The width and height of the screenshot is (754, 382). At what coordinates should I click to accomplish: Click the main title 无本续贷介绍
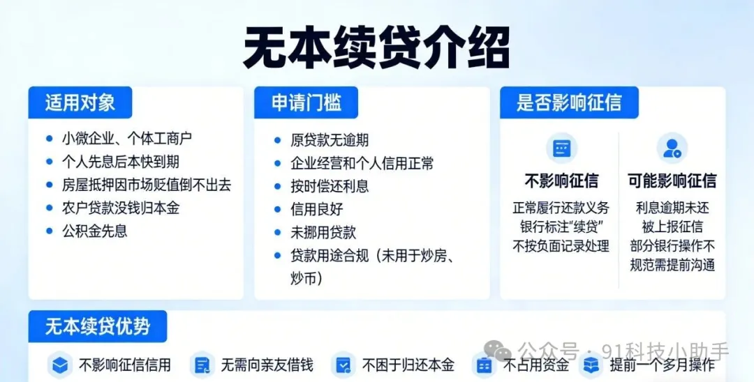(x=376, y=48)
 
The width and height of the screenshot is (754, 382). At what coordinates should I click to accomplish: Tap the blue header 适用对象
(x=80, y=102)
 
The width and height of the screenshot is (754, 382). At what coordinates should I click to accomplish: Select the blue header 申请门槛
(x=306, y=102)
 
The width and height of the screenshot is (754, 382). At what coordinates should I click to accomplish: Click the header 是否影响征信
(x=570, y=102)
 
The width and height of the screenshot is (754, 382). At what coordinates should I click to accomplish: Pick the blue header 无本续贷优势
(x=98, y=326)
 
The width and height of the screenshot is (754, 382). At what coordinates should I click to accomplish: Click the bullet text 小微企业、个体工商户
(x=127, y=139)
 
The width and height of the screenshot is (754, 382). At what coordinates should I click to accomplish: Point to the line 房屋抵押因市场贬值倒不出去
(x=147, y=185)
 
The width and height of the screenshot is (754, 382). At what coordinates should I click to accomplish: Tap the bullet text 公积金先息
(x=95, y=231)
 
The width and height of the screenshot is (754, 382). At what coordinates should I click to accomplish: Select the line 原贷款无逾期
(x=330, y=140)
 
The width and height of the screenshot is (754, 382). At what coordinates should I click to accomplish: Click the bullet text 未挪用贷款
(x=323, y=232)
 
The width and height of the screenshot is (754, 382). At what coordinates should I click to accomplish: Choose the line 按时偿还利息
(x=330, y=186)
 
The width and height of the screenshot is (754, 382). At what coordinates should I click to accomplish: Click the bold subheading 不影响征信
(x=561, y=181)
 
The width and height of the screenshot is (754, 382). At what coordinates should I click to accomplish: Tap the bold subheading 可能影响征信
(x=672, y=181)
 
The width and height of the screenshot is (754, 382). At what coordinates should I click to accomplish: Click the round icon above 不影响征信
(x=561, y=148)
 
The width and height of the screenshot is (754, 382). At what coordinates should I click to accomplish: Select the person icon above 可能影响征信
(x=672, y=148)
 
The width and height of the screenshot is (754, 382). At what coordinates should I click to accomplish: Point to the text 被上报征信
(x=672, y=227)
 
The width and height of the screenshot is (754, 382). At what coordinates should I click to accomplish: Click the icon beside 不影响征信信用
(x=60, y=365)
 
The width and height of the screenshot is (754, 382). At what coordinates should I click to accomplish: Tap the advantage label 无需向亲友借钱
(x=267, y=365)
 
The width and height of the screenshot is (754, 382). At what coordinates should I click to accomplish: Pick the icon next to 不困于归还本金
(x=343, y=365)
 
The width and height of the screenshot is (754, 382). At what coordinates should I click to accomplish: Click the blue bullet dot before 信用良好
(x=277, y=209)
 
